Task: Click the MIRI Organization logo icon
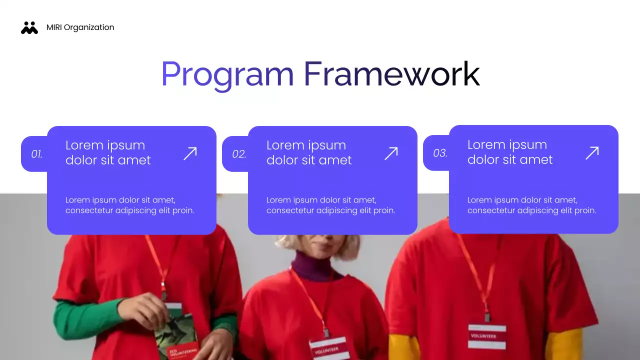[x=29, y=28]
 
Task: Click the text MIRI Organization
[x=80, y=27]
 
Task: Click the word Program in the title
[x=227, y=74]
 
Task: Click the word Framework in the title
[x=391, y=74]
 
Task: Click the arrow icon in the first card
[x=190, y=153]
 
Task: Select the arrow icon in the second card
[x=391, y=153]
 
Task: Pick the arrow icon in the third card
[x=592, y=153]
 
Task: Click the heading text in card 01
[x=107, y=152]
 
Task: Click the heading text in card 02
[x=308, y=152]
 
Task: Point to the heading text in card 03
[x=509, y=152]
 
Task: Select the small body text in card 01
[x=129, y=205]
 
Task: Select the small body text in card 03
[x=531, y=205]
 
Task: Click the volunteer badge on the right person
[x=487, y=336]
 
